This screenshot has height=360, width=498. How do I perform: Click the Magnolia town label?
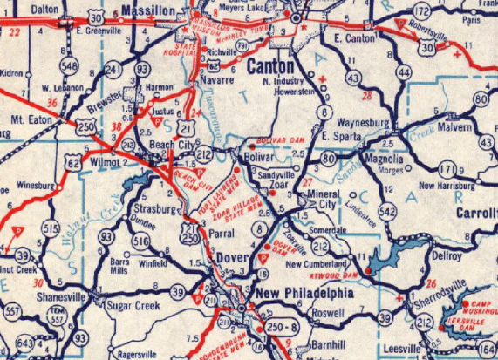point(385,159)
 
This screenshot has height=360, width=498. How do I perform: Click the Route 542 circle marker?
point(388,211)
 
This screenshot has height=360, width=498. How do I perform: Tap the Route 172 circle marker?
point(422,11)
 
